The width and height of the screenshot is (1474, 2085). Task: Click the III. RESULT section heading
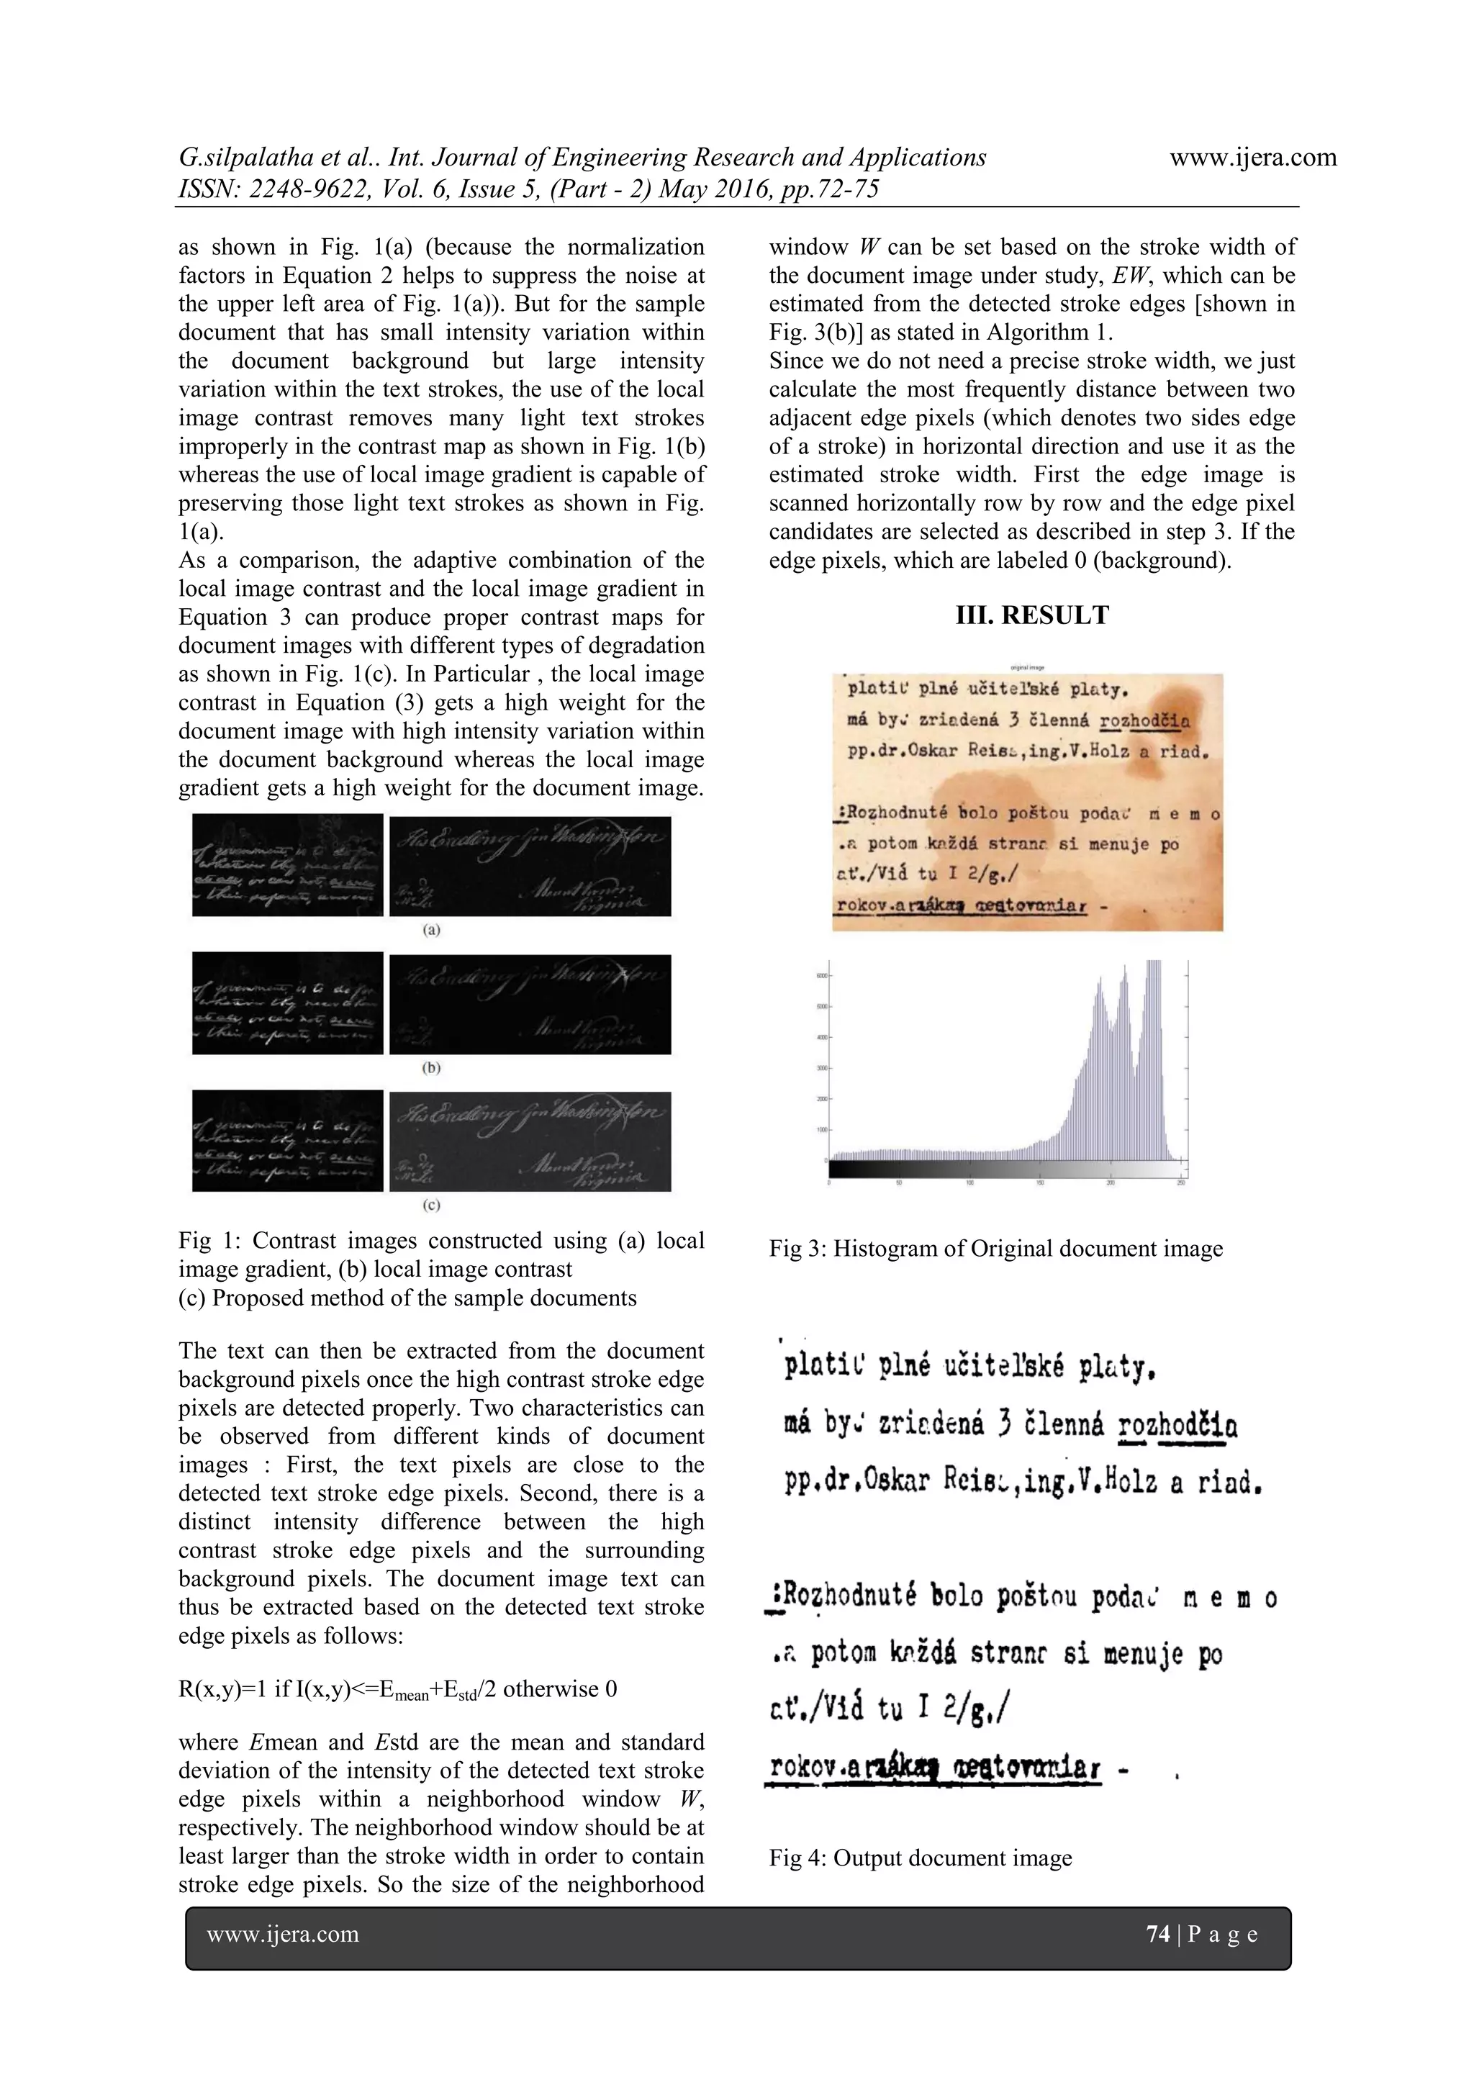click(1031, 615)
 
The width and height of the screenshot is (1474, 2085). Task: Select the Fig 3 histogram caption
click(995, 1249)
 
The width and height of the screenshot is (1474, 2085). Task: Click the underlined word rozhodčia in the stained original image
click(1144, 722)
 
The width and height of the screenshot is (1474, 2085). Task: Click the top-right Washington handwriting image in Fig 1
click(530, 867)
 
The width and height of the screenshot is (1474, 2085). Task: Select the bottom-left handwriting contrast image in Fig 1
click(287, 1141)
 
